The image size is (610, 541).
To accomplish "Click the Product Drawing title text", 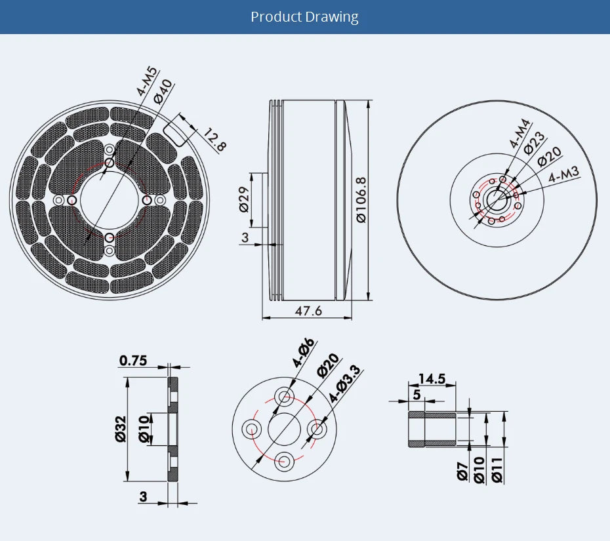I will [304, 16].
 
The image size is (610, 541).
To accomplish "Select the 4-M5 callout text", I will [146, 82].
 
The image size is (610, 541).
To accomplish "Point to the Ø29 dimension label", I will [243, 200].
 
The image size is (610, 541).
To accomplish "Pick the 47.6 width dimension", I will [308, 310].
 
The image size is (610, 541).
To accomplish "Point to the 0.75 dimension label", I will [133, 361].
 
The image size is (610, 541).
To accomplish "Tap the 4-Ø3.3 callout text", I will [344, 384].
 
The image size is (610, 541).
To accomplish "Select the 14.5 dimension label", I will [432, 378].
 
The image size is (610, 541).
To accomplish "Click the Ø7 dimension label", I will [462, 471].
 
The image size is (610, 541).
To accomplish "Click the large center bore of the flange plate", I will [285, 429].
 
